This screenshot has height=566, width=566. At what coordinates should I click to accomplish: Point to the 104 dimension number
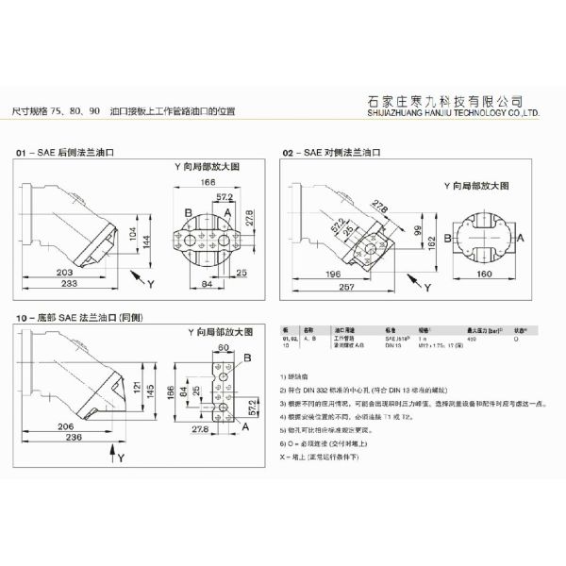pyautogui.click(x=131, y=227)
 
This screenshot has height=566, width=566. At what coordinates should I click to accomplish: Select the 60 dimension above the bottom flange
pyautogui.click(x=224, y=347)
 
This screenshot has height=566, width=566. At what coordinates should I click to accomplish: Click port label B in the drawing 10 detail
pyautogui.click(x=247, y=359)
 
